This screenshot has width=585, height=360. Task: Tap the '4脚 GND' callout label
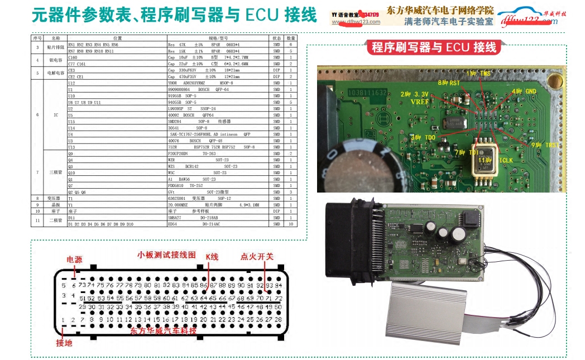tap(523, 91)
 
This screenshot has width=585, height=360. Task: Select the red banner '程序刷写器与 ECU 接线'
tap(434, 47)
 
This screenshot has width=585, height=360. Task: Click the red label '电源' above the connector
tap(74, 260)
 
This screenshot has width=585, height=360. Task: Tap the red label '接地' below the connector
tap(64, 343)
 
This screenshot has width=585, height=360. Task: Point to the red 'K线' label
tap(213, 256)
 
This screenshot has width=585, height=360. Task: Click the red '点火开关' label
tap(257, 256)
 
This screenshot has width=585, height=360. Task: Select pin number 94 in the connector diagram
tap(278, 285)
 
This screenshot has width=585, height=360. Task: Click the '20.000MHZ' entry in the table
tap(182, 205)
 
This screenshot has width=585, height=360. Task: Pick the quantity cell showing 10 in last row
tap(291, 224)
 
